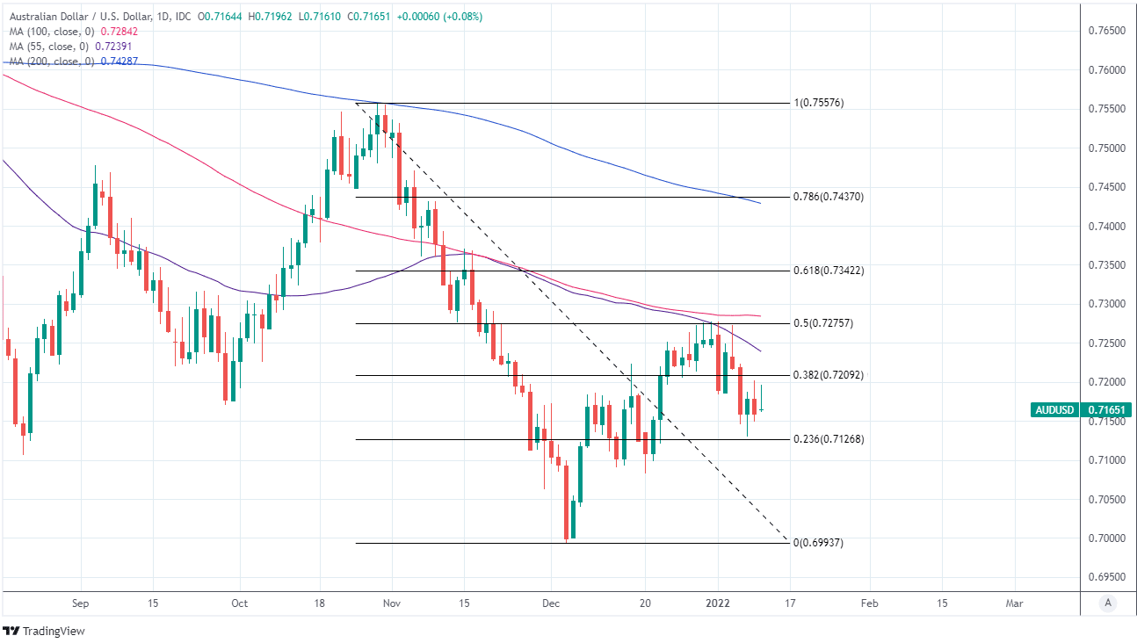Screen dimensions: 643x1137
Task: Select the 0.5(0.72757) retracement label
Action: click(823, 323)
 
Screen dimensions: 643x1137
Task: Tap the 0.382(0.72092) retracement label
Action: click(829, 375)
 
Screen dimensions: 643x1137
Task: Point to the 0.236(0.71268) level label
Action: click(829, 439)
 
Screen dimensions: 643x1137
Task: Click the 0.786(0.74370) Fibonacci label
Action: click(829, 197)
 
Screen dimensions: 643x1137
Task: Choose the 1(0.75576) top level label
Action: click(819, 103)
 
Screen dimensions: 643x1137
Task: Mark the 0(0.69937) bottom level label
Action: click(818, 543)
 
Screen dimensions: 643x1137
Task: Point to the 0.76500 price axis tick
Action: click(1107, 31)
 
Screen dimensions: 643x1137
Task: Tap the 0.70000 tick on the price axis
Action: click(1107, 538)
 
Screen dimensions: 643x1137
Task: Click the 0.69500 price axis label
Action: click(1107, 577)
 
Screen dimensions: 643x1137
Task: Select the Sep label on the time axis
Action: click(80, 603)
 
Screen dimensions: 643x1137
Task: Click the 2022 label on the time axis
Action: click(717, 603)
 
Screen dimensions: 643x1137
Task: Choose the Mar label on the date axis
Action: click(1014, 603)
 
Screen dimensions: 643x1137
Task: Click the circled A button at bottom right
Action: click(1108, 603)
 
